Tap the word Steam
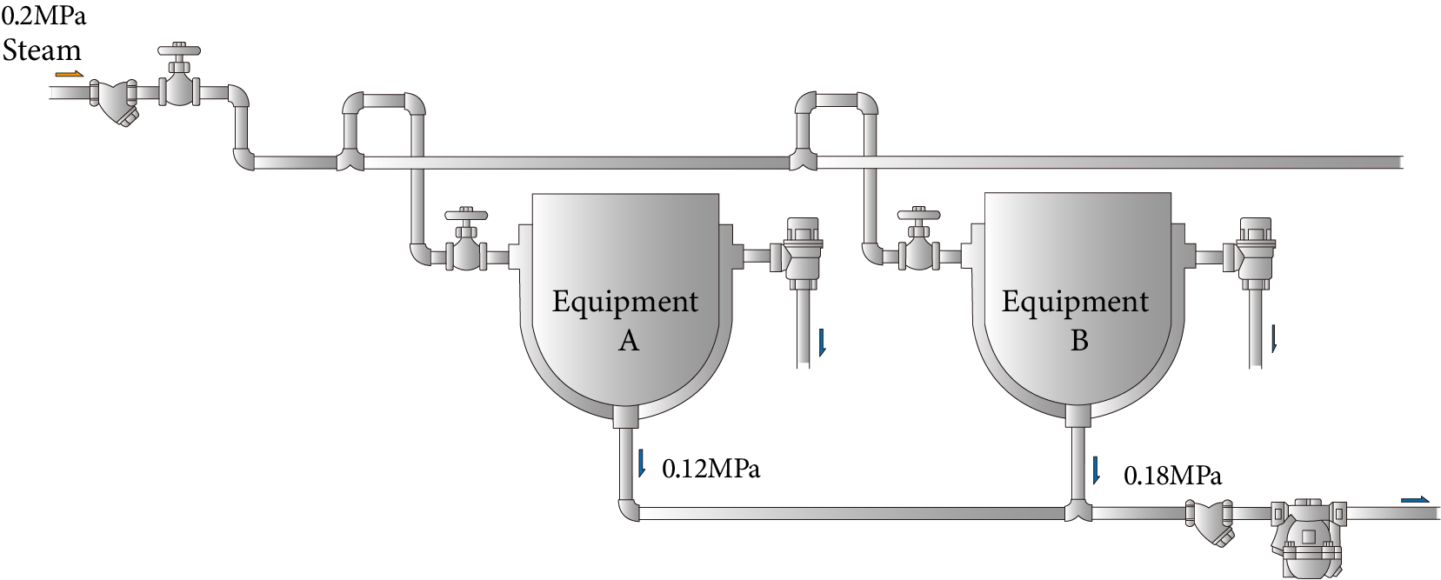click(42, 50)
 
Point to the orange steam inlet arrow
click(70, 75)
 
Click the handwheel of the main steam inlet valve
click(180, 51)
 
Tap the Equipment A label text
click(625, 302)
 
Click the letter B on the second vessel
click(1078, 341)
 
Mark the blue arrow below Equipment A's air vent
click(822, 343)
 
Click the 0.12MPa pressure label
click(710, 469)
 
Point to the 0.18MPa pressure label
click(1172, 476)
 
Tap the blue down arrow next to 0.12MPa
click(642, 463)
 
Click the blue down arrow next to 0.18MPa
click(1096, 470)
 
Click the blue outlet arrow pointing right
click(1414, 500)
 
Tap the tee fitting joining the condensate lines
click(1077, 511)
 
